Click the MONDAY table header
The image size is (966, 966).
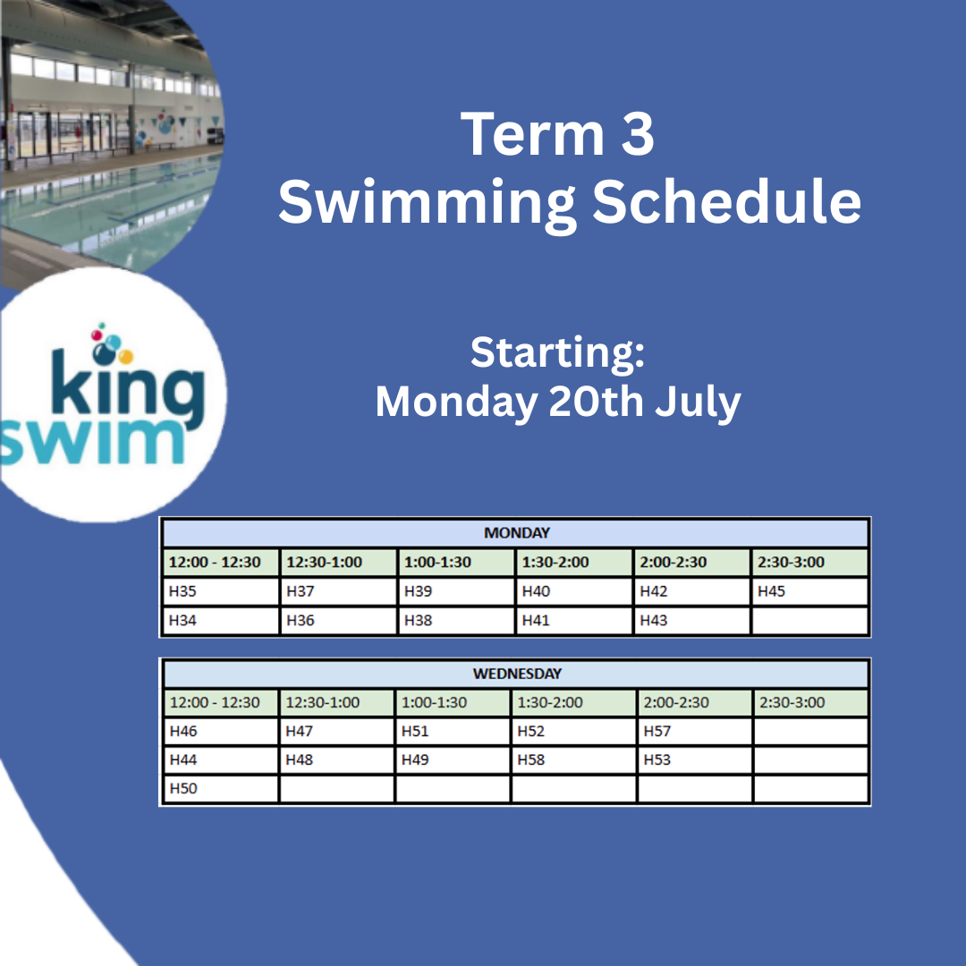[516, 533]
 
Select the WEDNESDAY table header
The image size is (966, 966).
[516, 674]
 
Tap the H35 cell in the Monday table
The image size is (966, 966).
[221, 591]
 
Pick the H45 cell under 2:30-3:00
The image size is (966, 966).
[809, 591]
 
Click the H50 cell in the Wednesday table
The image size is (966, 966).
[221, 789]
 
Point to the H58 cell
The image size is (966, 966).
[573, 759]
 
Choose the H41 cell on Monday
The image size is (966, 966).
[573, 621]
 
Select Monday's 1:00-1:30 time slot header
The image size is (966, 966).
[456, 563]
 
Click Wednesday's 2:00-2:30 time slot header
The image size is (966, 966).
[694, 702]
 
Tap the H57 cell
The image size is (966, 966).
[694, 732]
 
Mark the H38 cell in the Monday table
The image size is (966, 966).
[456, 621]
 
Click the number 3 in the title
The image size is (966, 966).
[638, 134]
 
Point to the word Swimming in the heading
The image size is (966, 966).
[428, 203]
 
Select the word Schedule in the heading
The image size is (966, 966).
[727, 200]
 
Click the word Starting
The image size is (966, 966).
[557, 352]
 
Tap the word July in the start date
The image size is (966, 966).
[698, 402]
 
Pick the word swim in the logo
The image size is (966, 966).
[92, 441]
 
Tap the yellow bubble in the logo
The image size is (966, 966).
[126, 357]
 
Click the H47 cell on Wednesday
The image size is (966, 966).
[336, 732]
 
